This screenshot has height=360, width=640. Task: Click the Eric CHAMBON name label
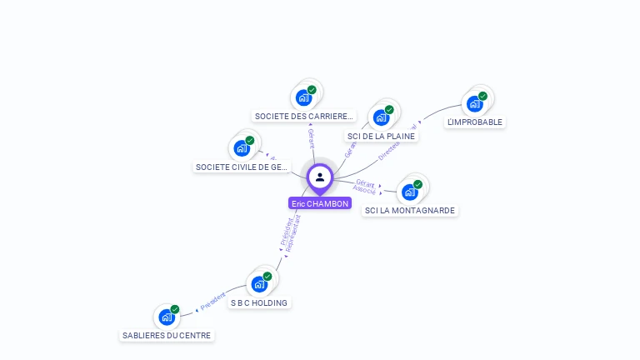pos(320,203)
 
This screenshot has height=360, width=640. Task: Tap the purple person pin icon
pos(320,177)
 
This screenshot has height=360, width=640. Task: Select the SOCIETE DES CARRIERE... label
pos(304,117)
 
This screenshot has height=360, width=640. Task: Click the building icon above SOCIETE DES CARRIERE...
pos(304,97)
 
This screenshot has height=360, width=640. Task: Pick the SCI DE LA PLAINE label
pos(381,136)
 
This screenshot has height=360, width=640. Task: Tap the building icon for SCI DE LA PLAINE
pos(382,117)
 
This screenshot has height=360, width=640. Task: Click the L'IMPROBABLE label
pos(475,122)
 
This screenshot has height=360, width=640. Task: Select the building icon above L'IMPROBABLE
pos(475,104)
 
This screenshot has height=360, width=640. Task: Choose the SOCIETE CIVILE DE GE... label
pos(242,167)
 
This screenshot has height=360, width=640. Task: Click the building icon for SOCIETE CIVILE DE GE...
pos(242,148)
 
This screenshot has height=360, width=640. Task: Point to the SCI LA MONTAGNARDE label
pos(410,210)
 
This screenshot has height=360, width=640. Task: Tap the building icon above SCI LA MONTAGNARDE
pos(410,192)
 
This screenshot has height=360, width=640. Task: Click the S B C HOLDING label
pos(259,302)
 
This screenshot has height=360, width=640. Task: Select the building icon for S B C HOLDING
pos(260,284)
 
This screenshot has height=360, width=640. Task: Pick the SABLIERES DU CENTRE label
pos(167,335)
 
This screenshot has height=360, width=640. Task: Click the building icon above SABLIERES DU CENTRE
pos(167,317)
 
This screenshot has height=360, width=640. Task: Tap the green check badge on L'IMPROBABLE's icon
pos(482,96)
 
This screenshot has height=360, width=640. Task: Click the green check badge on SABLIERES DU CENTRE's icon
pos(175,309)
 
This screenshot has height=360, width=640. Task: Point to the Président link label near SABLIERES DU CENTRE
pos(213,302)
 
